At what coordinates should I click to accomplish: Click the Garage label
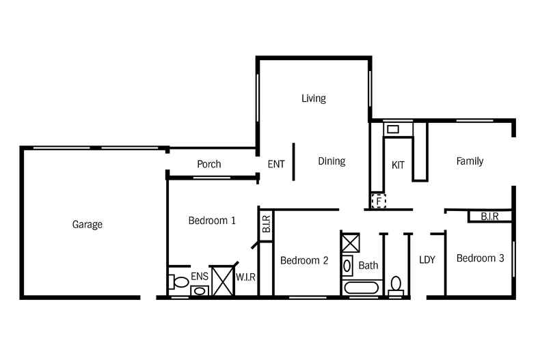tap(87, 224)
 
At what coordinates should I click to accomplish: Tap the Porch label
tap(209, 164)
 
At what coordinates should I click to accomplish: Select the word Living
tap(313, 98)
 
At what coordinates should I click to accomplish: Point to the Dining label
tap(332, 161)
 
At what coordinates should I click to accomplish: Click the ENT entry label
tap(276, 164)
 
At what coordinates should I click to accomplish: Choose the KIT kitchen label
tap(398, 165)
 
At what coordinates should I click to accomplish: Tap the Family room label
tap(470, 161)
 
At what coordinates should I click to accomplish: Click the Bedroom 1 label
tap(212, 220)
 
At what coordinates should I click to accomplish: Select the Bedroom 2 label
tap(304, 260)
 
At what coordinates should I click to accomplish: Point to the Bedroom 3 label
tap(480, 258)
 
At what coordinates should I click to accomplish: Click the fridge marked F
tap(379, 201)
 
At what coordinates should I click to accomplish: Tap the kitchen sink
tap(393, 129)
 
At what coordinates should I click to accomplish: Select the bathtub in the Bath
tap(362, 288)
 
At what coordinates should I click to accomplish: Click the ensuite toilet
tap(178, 282)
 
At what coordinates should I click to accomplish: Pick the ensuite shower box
tap(222, 281)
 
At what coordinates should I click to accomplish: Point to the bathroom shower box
tap(350, 243)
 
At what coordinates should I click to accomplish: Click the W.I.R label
tap(245, 277)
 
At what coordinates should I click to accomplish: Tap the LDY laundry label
tap(427, 260)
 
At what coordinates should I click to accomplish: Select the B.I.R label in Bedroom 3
tap(489, 217)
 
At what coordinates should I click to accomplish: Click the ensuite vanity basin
tap(200, 291)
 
